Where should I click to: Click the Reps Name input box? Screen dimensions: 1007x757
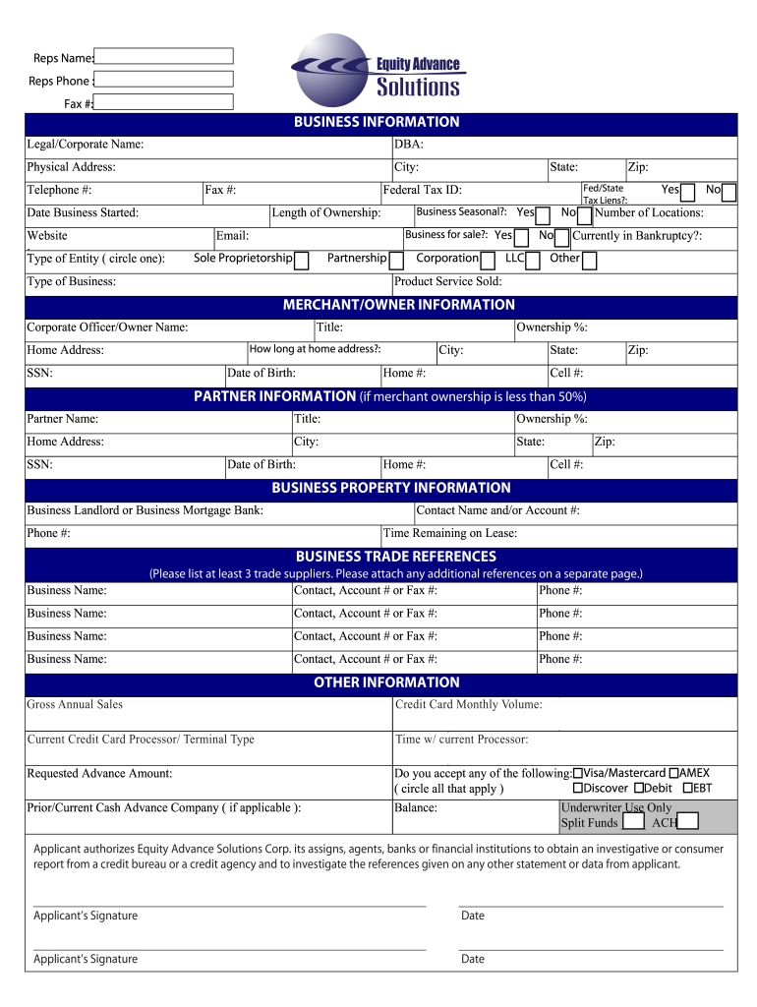click(x=164, y=56)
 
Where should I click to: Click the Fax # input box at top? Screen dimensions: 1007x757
click(x=164, y=102)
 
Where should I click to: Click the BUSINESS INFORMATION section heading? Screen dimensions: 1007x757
click(x=377, y=122)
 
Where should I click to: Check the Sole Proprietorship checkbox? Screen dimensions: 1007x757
click(x=302, y=260)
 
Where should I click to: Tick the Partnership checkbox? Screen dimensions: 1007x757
click(x=395, y=260)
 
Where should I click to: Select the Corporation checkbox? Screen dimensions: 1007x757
click(x=488, y=260)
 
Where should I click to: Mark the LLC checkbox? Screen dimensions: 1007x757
click(x=533, y=260)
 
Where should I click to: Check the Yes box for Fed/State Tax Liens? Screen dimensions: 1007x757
click(x=688, y=192)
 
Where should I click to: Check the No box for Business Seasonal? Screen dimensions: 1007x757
click(x=584, y=214)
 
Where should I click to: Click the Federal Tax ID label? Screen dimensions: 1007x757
click(x=422, y=191)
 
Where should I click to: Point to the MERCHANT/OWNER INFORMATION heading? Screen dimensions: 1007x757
click(x=399, y=305)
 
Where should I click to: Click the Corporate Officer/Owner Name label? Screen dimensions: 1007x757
click(x=107, y=327)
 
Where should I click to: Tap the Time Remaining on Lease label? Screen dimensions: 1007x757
click(x=450, y=533)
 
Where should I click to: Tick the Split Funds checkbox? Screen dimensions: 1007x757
click(x=634, y=821)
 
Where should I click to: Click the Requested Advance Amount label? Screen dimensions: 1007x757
click(x=99, y=774)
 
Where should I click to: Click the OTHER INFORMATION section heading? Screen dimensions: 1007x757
click(x=386, y=682)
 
